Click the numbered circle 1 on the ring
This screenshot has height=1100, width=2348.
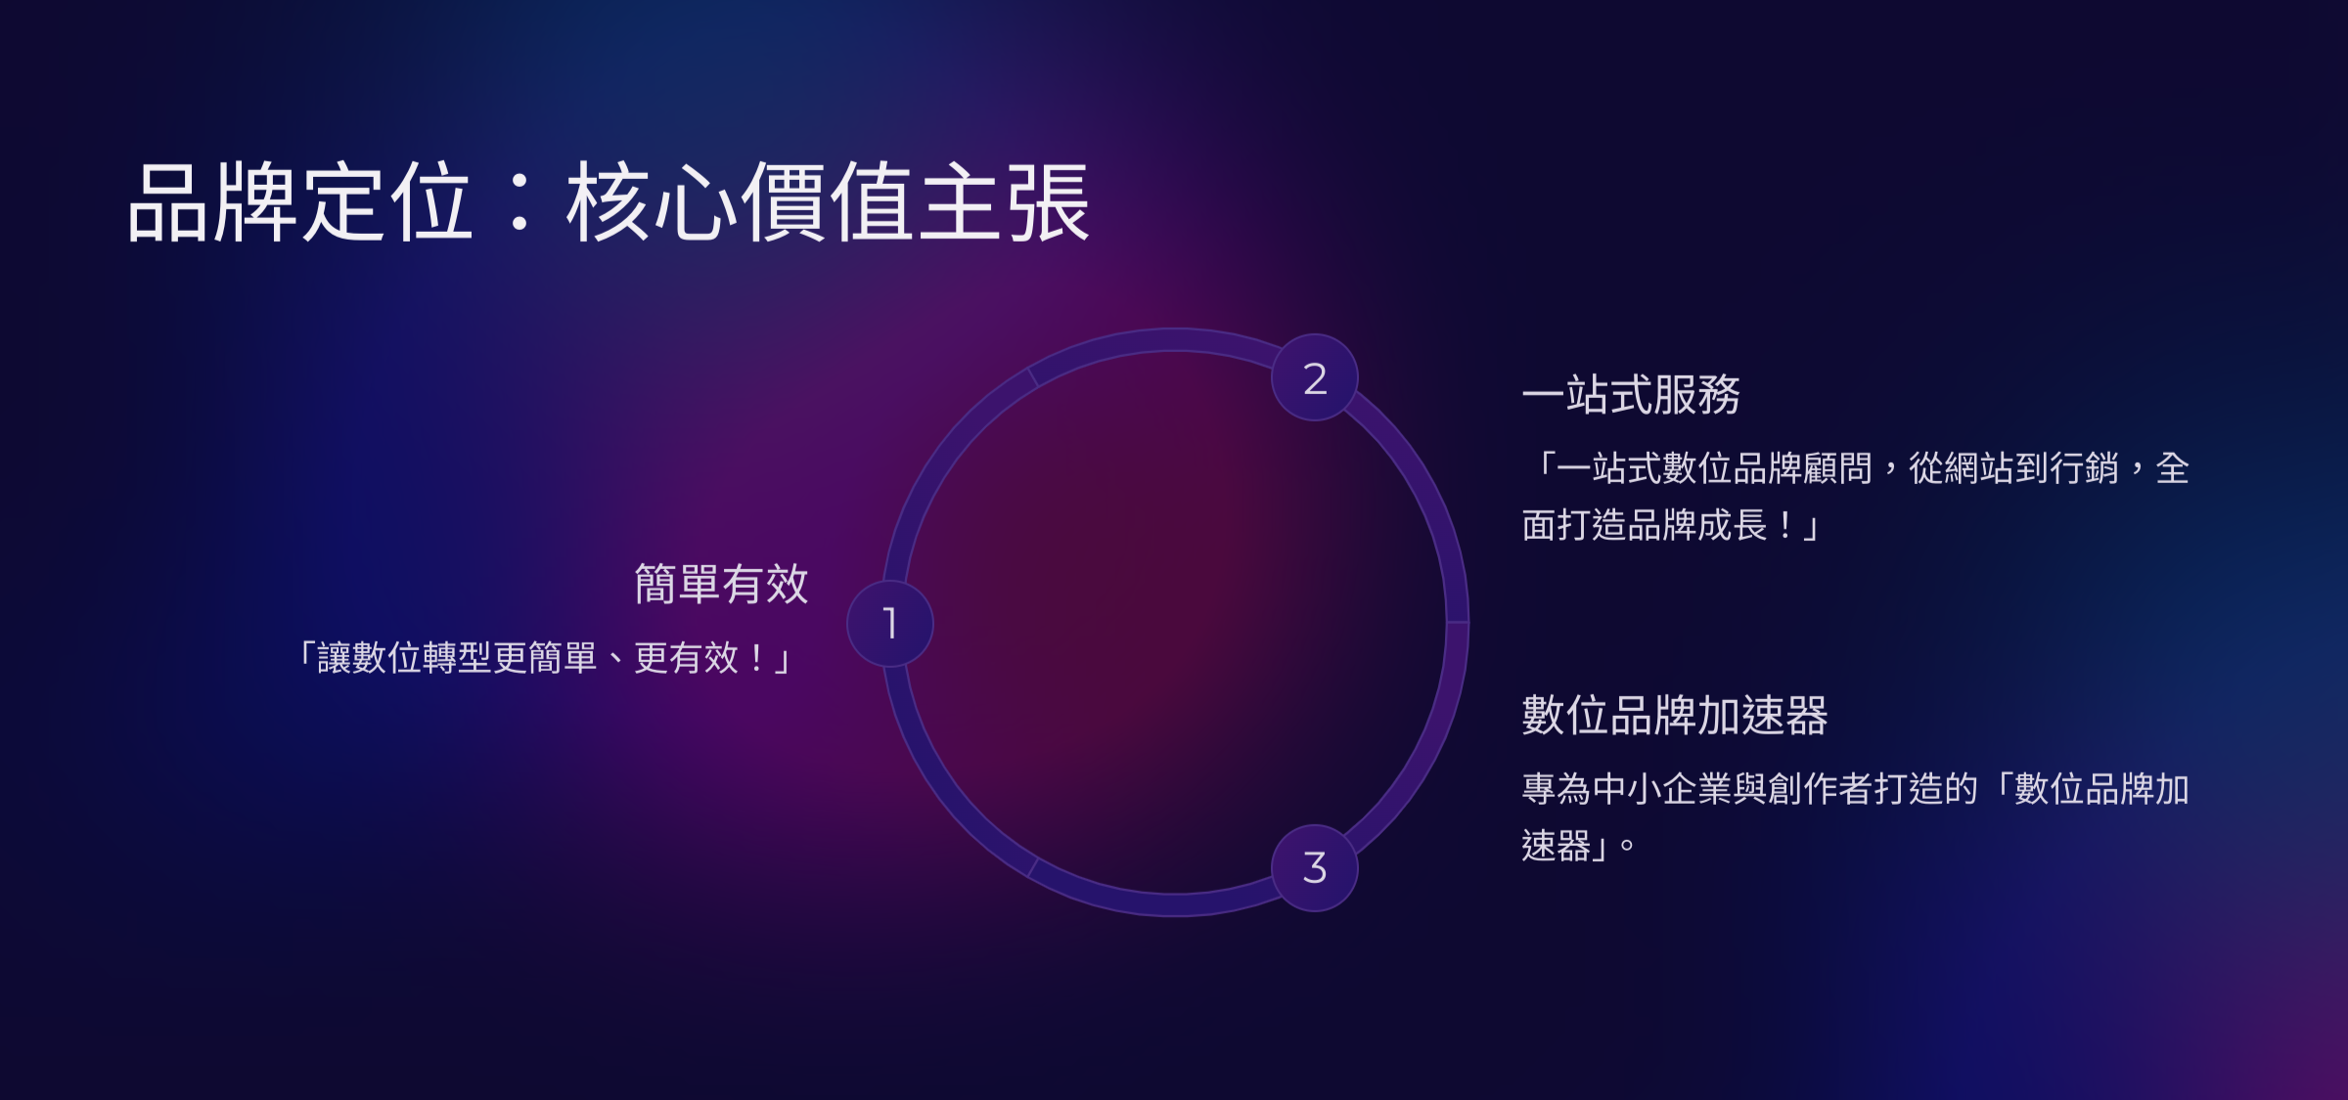[x=889, y=624]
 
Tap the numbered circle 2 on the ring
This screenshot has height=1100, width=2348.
[x=1315, y=378]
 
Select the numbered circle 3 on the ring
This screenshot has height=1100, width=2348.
[x=1315, y=868]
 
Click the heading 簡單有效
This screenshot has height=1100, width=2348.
[x=721, y=585]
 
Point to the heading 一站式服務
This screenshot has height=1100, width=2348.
[x=1631, y=395]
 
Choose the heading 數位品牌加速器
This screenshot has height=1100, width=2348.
[x=1675, y=715]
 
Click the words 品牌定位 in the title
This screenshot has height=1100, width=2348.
[x=301, y=202]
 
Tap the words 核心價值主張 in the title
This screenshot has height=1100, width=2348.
[x=828, y=202]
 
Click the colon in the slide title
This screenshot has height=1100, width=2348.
[x=520, y=202]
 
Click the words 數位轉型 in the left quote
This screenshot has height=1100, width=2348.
[x=423, y=658]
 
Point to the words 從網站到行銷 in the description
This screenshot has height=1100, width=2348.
[x=2013, y=468]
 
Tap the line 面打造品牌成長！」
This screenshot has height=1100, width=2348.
[x=1670, y=526]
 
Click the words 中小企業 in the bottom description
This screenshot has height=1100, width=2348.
[x=1663, y=789]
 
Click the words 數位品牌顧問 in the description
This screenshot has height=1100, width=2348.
[x=1768, y=468]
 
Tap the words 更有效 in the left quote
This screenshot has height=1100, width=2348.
[x=687, y=658]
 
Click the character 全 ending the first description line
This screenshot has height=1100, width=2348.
[x=2173, y=468]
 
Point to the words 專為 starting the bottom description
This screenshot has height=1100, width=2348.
[x=1558, y=789]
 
